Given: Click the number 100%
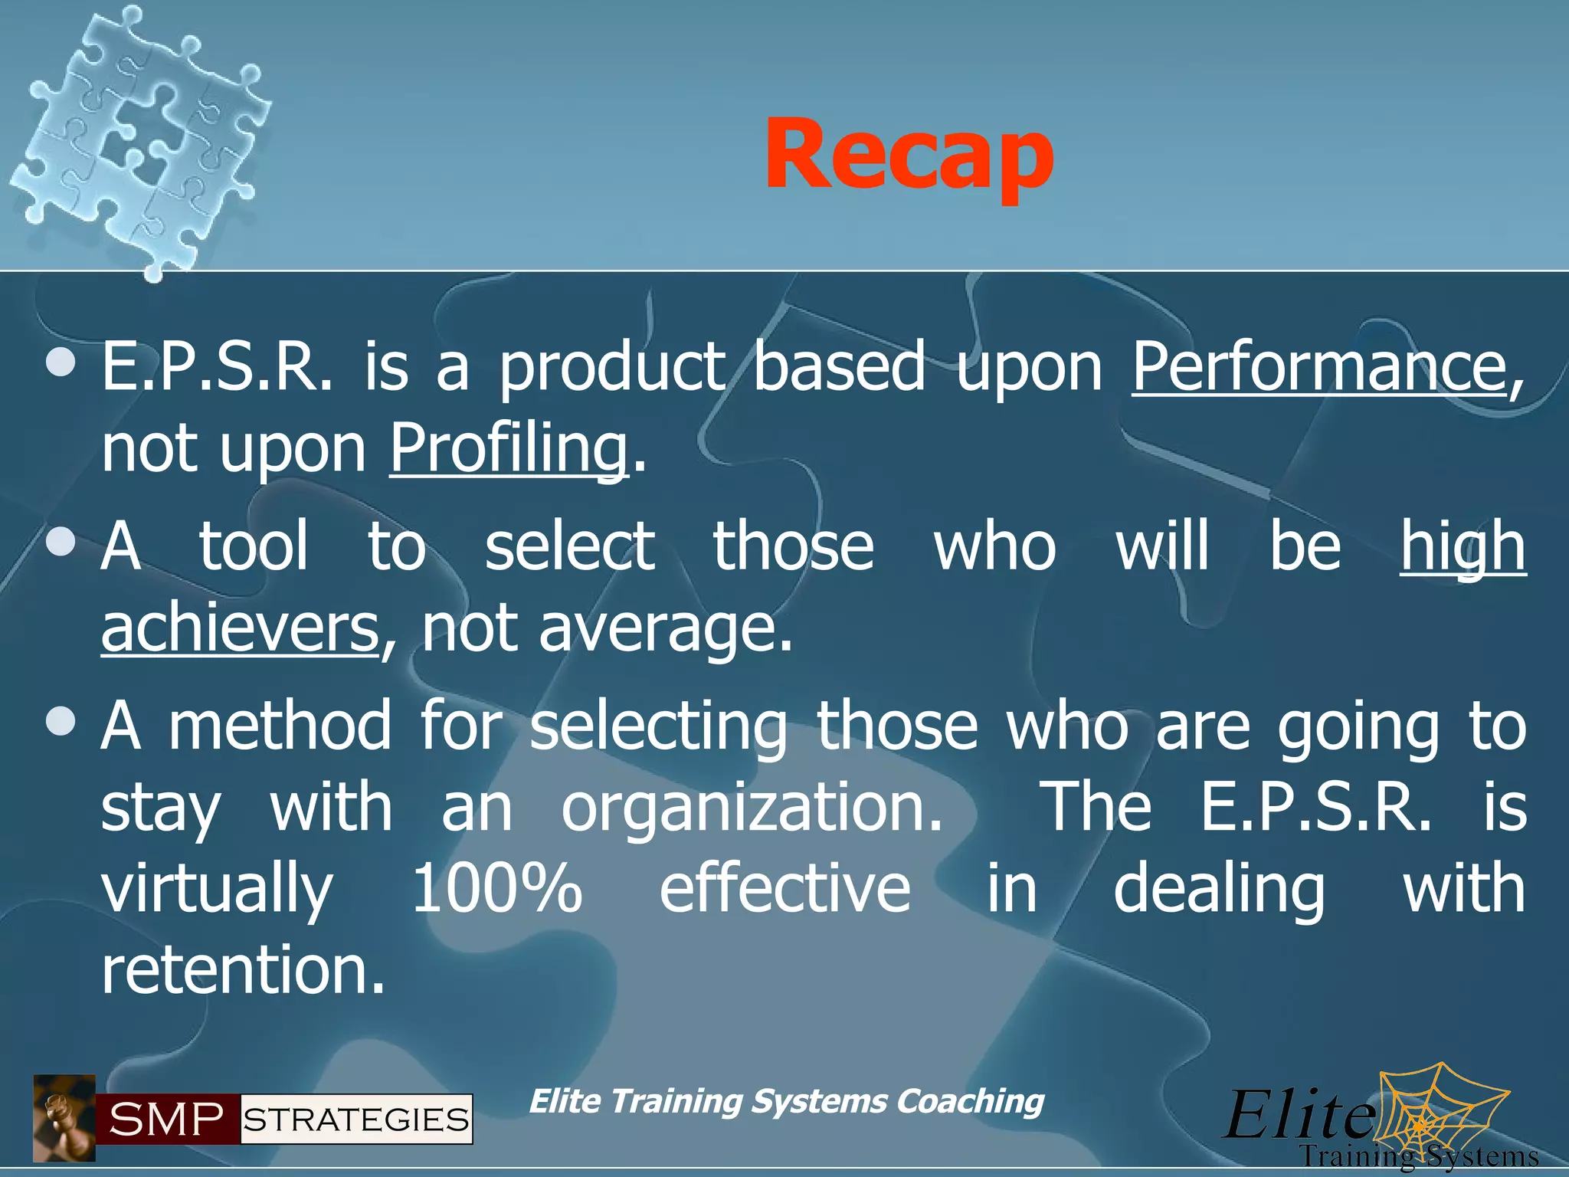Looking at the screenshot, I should (x=496, y=889).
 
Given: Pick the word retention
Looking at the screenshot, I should (x=243, y=970).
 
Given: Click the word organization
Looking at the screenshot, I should (x=752, y=808).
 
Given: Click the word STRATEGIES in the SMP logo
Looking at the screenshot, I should (x=356, y=1120).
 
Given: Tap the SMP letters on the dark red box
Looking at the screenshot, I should (x=167, y=1120).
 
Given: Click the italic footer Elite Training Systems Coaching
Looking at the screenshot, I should (x=786, y=1102).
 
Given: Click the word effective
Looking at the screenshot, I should (x=784, y=889).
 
